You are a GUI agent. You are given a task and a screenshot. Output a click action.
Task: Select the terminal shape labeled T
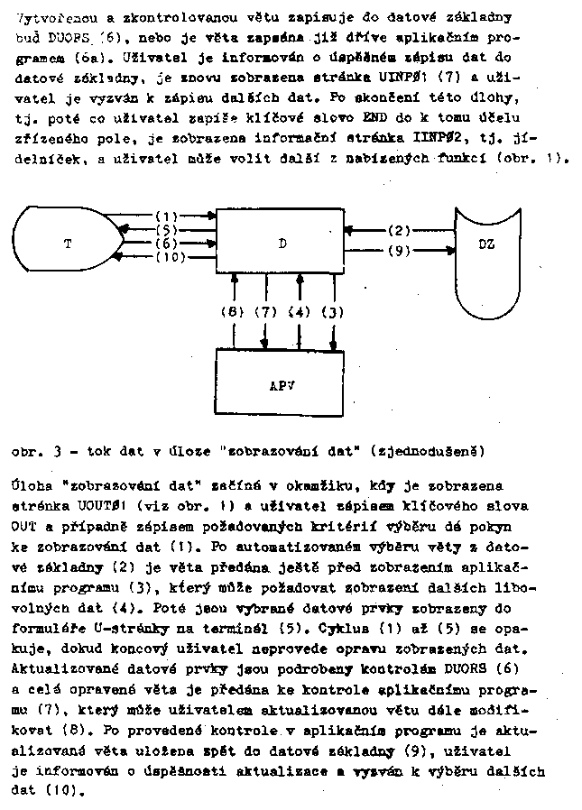72,244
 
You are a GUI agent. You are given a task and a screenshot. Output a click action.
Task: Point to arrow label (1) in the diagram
166,216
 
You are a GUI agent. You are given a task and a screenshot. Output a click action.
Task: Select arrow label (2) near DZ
398,231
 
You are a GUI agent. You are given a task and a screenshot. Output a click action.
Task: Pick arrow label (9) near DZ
398,252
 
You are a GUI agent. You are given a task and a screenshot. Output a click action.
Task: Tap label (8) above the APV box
233,312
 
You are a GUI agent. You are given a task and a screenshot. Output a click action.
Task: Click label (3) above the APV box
333,312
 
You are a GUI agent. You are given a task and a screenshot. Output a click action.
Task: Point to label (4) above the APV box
300,312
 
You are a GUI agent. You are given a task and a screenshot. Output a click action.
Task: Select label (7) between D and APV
266,312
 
